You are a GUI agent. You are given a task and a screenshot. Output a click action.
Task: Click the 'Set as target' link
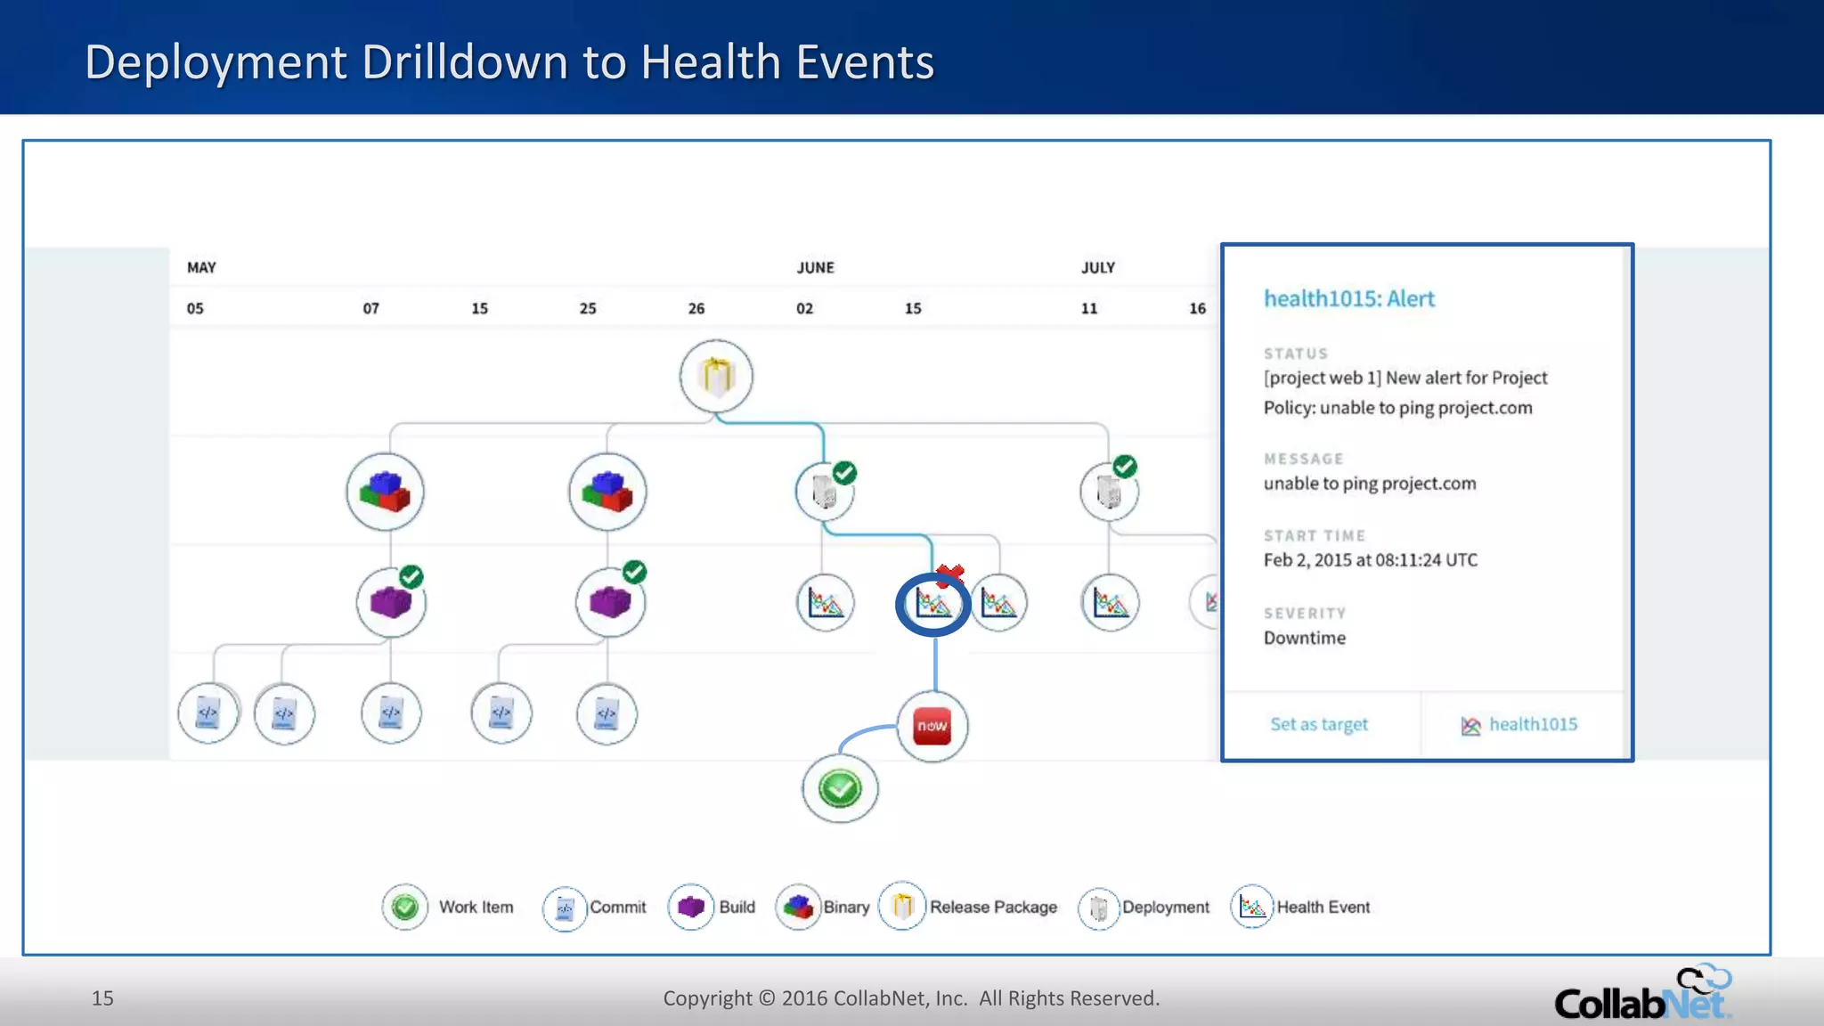click(x=1318, y=724)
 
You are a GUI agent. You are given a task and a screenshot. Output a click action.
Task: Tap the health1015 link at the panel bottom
click(x=1532, y=724)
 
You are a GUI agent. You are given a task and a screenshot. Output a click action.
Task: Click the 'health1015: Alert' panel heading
click(x=1348, y=298)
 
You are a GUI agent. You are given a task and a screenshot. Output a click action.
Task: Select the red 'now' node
click(x=932, y=726)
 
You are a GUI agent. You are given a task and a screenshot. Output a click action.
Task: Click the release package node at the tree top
click(x=716, y=376)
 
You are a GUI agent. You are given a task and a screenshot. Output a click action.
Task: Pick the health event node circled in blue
click(x=932, y=605)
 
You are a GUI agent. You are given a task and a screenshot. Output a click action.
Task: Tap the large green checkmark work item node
click(x=839, y=788)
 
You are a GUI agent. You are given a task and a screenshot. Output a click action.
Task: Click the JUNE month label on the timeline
click(x=815, y=267)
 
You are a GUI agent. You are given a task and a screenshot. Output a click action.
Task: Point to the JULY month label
click(x=1097, y=267)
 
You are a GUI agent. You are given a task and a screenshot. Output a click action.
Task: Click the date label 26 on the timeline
click(x=696, y=308)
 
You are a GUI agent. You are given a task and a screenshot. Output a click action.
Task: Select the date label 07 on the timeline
click(x=370, y=308)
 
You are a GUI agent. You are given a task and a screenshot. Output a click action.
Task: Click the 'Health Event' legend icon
click(x=1251, y=907)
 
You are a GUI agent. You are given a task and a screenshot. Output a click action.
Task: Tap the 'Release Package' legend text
click(x=993, y=907)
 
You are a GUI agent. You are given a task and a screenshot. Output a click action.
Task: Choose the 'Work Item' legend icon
click(x=404, y=907)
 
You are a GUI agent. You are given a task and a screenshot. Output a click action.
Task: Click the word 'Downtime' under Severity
click(x=1304, y=638)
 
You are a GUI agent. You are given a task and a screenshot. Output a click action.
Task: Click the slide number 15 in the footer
click(x=102, y=997)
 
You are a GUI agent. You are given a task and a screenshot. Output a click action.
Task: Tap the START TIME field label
click(x=1314, y=535)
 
